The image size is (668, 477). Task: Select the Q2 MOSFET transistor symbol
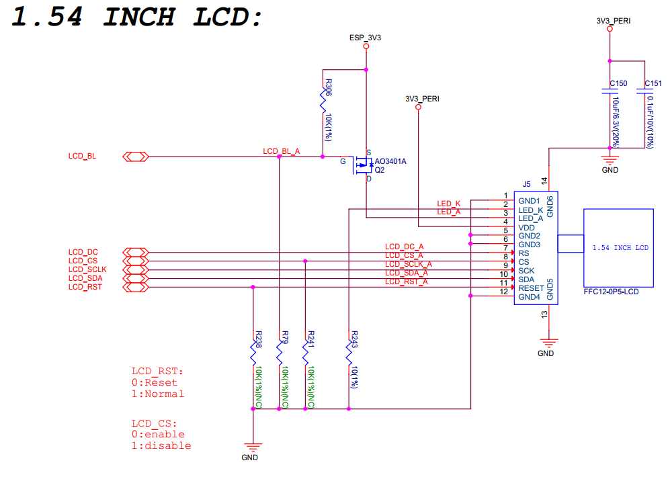tap(364, 163)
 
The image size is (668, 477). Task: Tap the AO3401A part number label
tap(390, 161)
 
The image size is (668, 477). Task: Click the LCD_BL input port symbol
tap(136, 157)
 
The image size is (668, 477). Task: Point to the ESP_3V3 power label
tap(366, 38)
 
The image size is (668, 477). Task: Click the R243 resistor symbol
tap(349, 352)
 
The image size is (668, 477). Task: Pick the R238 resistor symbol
tap(253, 352)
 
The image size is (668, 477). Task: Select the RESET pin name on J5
tap(530, 288)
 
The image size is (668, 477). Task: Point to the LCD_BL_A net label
tap(281, 152)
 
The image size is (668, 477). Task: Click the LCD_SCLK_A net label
tap(408, 265)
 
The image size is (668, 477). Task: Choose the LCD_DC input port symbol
tap(136, 253)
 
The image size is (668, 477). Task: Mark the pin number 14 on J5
tap(544, 181)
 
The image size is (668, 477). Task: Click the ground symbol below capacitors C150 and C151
tap(610, 160)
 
